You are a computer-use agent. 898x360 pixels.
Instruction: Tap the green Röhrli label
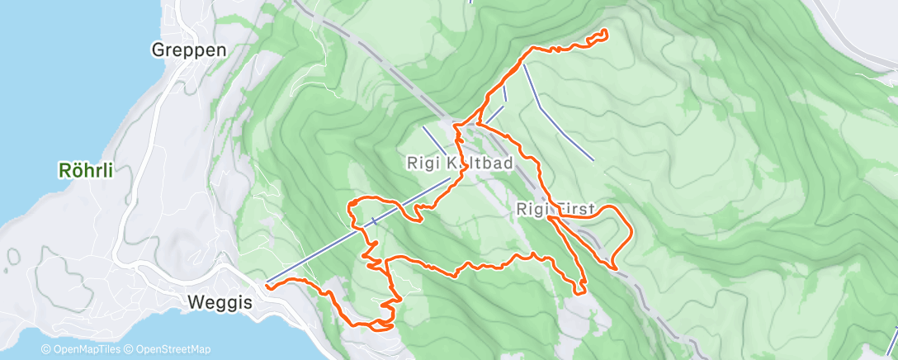[85, 171]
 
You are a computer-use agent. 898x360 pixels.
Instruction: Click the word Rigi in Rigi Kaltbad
[425, 163]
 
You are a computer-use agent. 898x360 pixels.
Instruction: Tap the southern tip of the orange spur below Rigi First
[583, 290]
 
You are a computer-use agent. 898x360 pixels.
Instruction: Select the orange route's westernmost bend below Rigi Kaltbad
[351, 202]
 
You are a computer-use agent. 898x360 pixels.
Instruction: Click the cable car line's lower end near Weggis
[267, 282]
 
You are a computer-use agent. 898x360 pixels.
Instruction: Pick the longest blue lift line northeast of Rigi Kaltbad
[558, 112]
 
